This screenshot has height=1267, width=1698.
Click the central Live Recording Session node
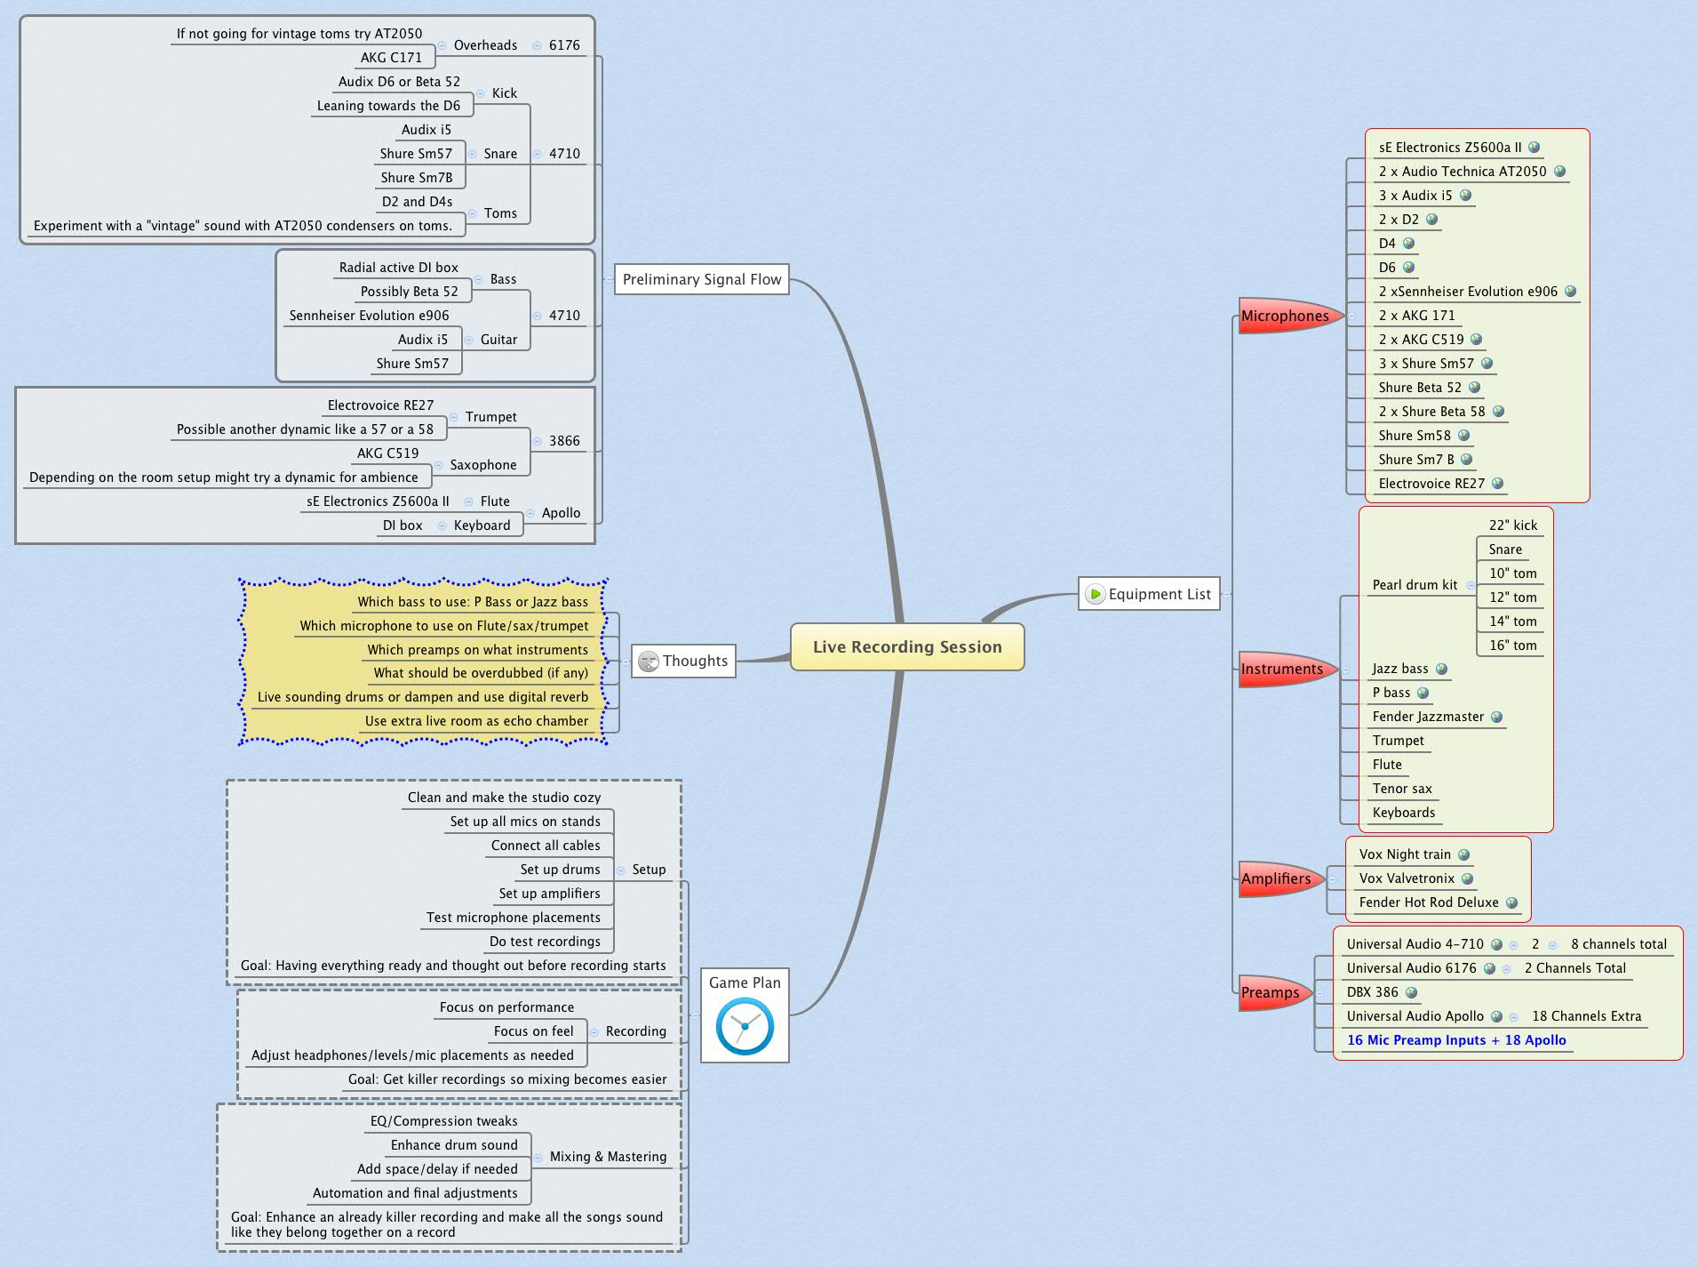tap(907, 647)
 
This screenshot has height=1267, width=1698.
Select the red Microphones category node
tap(1285, 316)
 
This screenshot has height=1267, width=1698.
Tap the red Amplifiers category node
tap(1276, 878)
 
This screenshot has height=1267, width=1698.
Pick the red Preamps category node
tap(1271, 992)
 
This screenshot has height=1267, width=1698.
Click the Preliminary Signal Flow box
tap(702, 279)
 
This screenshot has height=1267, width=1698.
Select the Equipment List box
tap(1159, 594)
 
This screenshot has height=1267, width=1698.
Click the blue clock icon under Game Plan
tap(745, 1027)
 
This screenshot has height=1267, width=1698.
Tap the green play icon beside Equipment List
tap(1096, 594)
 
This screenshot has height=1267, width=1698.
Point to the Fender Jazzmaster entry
tap(1428, 717)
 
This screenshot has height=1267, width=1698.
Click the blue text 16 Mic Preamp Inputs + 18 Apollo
tap(1456, 1040)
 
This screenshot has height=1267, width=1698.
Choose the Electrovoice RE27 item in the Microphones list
tap(1431, 484)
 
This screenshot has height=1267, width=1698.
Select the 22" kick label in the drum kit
tap(1512, 525)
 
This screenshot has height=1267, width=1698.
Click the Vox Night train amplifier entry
tap(1405, 854)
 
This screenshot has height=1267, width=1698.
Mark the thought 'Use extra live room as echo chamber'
tap(476, 721)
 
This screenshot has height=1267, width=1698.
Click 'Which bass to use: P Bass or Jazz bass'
tap(473, 602)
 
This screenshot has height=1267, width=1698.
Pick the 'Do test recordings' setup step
tap(545, 942)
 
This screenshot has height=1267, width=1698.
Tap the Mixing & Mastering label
tap(608, 1157)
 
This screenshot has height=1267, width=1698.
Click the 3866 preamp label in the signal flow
tap(564, 441)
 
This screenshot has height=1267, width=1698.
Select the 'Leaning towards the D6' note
tap(388, 106)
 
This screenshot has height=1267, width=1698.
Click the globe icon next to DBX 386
tap(1412, 992)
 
